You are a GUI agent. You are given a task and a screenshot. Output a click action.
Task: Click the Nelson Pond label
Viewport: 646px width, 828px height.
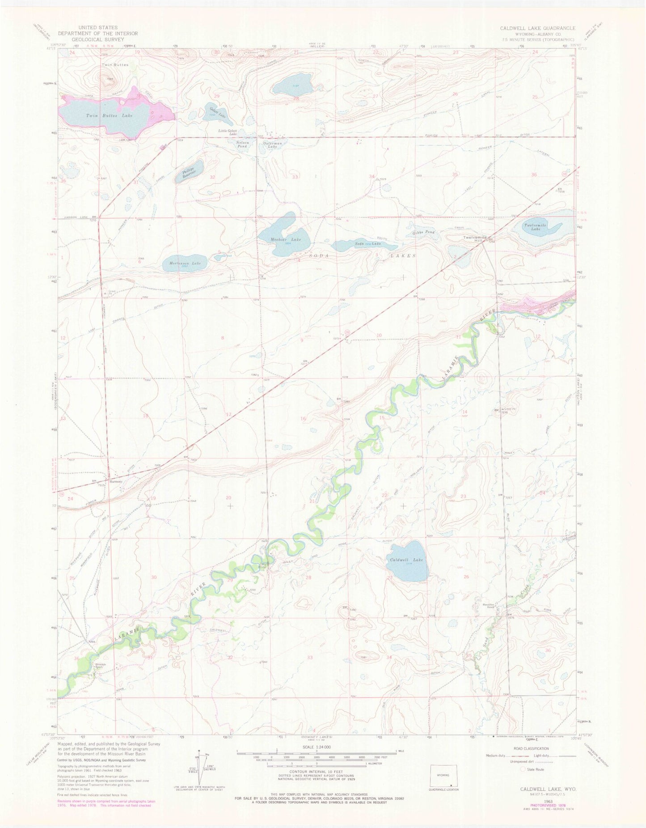tap(242, 144)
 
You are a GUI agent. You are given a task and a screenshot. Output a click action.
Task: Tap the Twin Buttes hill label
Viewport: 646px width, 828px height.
tap(115, 65)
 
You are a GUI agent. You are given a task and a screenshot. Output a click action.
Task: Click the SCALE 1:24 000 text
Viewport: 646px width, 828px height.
tap(316, 747)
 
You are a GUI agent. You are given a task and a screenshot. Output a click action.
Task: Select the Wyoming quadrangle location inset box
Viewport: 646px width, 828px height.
tap(443, 776)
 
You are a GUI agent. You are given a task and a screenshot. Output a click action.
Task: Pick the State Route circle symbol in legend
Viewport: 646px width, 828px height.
tap(523, 769)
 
